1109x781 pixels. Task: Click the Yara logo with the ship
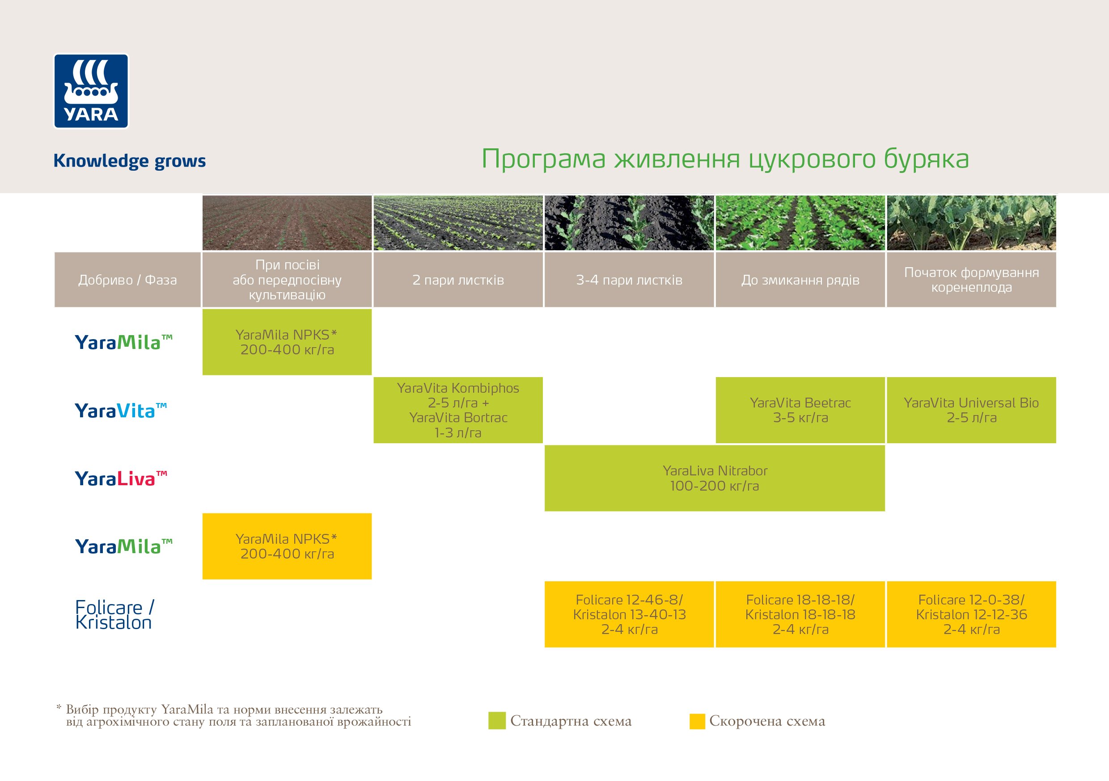[91, 91]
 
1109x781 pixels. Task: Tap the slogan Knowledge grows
[129, 161]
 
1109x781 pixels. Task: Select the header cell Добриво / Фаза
[127, 280]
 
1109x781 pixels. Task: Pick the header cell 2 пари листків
[458, 280]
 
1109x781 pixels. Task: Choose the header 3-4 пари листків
[629, 280]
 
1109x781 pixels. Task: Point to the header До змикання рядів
[800, 280]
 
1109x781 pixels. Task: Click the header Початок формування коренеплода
[971, 280]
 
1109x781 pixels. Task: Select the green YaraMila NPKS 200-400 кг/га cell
[287, 342]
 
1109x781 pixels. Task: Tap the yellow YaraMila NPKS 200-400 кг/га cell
[287, 546]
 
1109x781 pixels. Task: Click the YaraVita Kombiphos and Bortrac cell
[458, 410]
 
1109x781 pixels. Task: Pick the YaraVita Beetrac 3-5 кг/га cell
[800, 410]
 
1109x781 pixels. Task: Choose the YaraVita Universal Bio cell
[971, 410]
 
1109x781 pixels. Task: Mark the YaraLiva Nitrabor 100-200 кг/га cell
[715, 478]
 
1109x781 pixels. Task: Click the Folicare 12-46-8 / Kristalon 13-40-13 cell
[629, 614]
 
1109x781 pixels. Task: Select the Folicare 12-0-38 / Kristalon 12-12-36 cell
[971, 614]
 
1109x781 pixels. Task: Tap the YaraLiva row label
[121, 479]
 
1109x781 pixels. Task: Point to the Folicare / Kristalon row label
[114, 614]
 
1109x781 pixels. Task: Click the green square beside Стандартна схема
[496, 720]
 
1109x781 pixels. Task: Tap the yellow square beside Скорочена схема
[697, 721]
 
